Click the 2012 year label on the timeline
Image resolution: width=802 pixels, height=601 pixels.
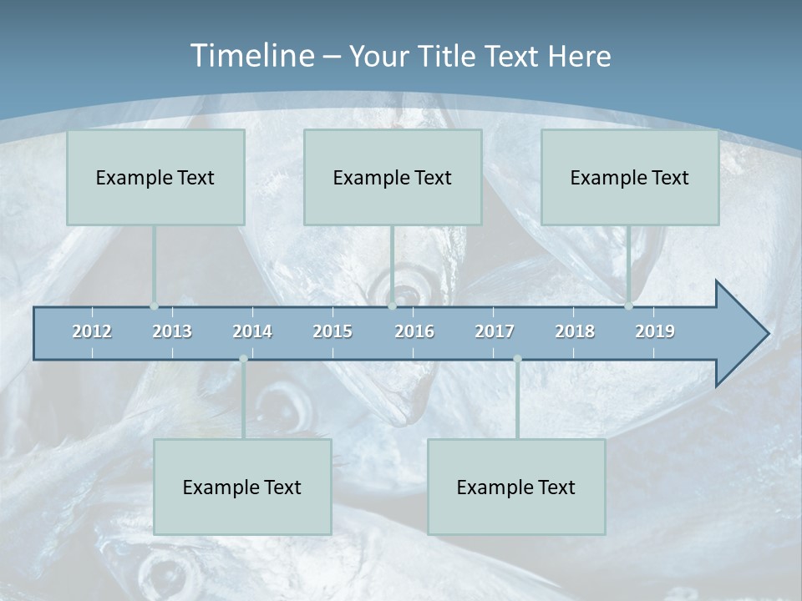point(92,331)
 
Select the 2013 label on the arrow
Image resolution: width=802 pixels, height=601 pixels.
point(172,331)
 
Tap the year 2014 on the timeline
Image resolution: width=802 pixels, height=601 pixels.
point(252,331)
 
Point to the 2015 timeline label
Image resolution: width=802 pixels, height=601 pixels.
point(332,331)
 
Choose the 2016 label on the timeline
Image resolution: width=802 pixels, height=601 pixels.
point(414,331)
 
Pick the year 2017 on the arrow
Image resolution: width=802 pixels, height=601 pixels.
point(495,331)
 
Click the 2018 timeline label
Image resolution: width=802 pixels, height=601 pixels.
point(575,331)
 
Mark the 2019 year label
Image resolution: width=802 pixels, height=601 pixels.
point(655,331)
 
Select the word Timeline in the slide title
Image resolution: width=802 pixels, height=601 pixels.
point(251,56)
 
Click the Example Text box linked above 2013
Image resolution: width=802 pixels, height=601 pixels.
point(155,177)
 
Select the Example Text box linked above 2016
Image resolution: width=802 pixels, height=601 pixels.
point(393,177)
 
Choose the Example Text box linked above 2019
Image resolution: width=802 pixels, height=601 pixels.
point(630,177)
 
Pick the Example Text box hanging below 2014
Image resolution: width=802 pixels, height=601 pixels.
point(242,487)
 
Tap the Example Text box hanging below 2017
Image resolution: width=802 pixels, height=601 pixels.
point(516,487)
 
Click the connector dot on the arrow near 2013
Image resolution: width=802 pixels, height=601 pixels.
point(154,306)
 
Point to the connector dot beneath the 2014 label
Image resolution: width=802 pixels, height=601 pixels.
point(243,359)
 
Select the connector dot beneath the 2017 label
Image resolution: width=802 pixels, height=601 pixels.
point(517,359)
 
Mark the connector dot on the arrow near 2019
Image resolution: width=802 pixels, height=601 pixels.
point(628,306)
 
